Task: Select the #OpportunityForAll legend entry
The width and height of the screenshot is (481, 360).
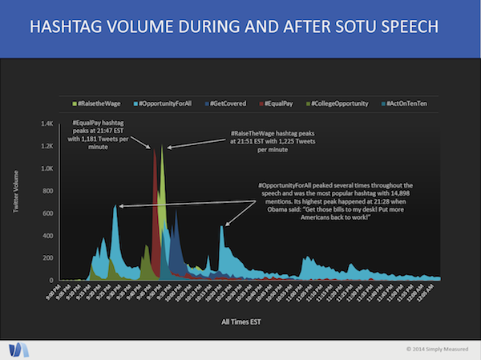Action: point(165,104)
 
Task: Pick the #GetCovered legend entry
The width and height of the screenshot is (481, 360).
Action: point(227,104)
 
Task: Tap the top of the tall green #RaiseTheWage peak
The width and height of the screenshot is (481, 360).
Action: point(162,146)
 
